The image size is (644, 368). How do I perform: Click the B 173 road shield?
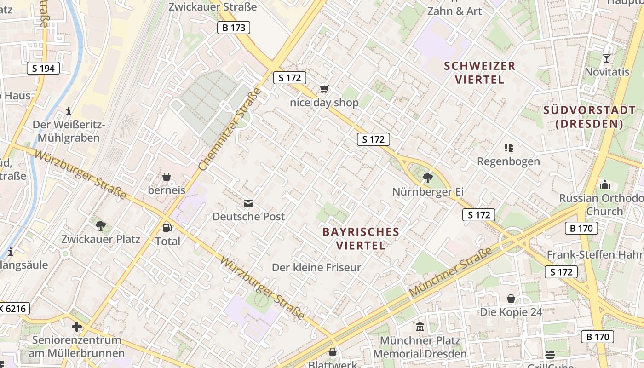(233, 28)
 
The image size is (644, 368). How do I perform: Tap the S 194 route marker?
(43, 69)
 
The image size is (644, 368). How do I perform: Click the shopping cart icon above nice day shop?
(324, 89)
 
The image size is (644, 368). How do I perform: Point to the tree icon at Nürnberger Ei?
(427, 178)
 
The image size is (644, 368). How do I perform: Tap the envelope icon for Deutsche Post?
(248, 203)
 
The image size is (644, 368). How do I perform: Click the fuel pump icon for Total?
(167, 228)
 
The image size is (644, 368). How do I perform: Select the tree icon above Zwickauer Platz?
(101, 226)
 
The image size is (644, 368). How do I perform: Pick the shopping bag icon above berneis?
(167, 177)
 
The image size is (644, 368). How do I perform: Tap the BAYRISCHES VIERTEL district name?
(361, 238)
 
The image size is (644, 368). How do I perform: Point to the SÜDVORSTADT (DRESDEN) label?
(589, 117)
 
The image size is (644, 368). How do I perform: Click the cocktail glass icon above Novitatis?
(607, 58)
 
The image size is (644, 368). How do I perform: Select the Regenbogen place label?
(508, 161)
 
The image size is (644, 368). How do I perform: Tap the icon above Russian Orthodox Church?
(604, 185)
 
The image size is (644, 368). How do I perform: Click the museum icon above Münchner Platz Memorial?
(420, 327)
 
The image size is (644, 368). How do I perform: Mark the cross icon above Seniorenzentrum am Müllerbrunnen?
(77, 327)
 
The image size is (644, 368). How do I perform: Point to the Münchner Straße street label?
(450, 271)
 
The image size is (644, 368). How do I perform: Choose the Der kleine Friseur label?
(316, 267)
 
